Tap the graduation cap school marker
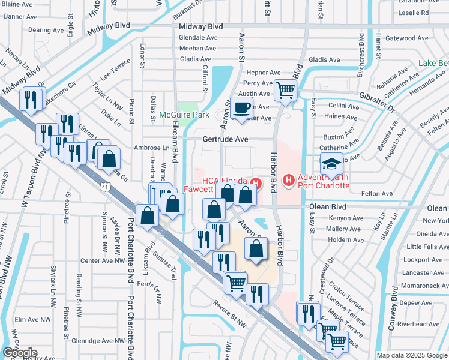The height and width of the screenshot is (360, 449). [330, 164]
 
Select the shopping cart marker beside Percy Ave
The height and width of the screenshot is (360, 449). [286, 90]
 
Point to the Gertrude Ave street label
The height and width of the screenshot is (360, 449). [225, 139]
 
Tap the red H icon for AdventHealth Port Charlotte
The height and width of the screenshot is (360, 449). [289, 179]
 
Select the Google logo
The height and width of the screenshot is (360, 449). [19, 353]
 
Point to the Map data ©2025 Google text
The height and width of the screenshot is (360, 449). [412, 355]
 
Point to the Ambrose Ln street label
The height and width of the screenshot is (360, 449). [156, 148]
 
